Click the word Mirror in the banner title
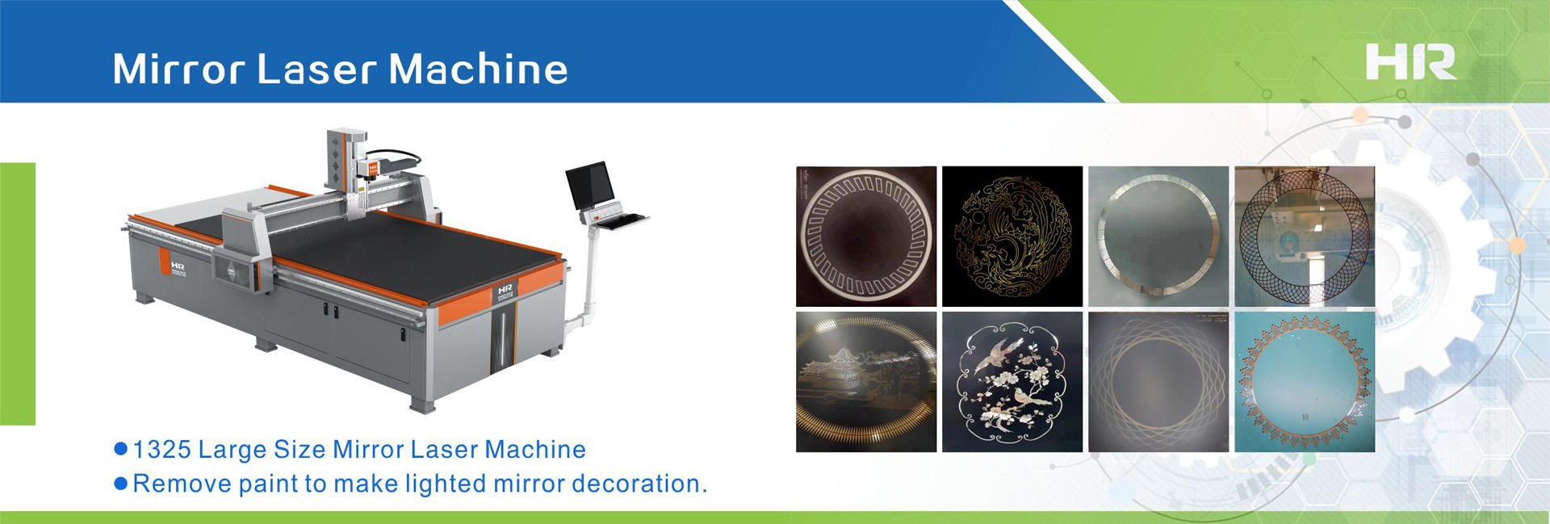click(178, 69)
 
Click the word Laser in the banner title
click(316, 69)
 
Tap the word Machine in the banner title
click(479, 69)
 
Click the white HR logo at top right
click(1410, 62)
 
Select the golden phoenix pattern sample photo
click(1012, 236)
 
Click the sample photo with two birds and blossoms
click(1012, 382)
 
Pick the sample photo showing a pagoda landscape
click(866, 382)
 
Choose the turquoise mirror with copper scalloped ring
click(1305, 382)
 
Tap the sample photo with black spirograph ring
click(1305, 236)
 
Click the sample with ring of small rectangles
click(866, 236)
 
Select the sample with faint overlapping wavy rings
click(1158, 382)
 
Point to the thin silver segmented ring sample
click(1158, 236)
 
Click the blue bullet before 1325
click(121, 450)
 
